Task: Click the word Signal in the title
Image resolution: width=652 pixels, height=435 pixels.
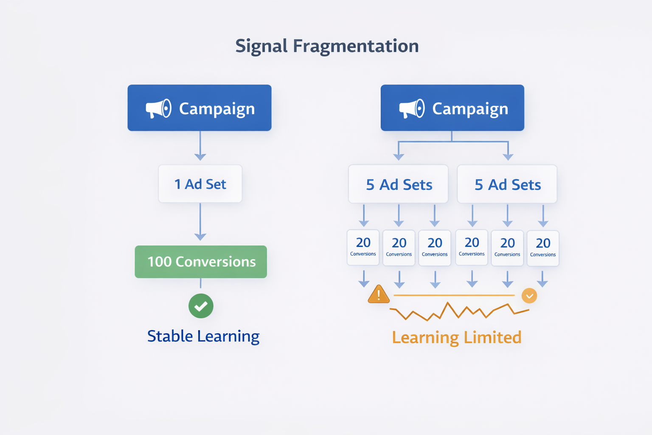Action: click(x=261, y=46)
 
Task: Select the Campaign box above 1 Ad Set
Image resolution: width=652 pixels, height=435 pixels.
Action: click(x=200, y=108)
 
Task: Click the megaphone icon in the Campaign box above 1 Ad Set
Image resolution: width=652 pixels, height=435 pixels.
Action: click(x=159, y=109)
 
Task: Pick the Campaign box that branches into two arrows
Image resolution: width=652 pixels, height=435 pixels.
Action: click(x=452, y=108)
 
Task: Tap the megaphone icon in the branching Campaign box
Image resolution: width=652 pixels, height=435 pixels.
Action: click(x=412, y=109)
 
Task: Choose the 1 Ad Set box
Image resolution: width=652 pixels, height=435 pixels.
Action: click(x=200, y=184)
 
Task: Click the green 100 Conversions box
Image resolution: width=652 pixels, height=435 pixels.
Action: click(x=201, y=262)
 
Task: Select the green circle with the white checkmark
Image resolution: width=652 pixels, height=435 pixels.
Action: click(x=201, y=306)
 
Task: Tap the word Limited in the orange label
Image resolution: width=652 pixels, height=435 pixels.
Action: click(x=492, y=337)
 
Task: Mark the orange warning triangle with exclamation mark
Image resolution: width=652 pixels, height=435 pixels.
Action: click(x=379, y=294)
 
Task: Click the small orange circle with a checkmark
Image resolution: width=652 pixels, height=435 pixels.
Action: click(x=529, y=296)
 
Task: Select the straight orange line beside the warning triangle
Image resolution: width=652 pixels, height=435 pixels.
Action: click(x=454, y=295)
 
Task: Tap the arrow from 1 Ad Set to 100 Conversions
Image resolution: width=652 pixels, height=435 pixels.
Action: click(x=200, y=222)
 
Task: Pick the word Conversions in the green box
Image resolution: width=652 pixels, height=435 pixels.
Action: click(x=216, y=262)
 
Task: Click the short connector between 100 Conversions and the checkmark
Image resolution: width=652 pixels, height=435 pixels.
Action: click(x=201, y=283)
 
